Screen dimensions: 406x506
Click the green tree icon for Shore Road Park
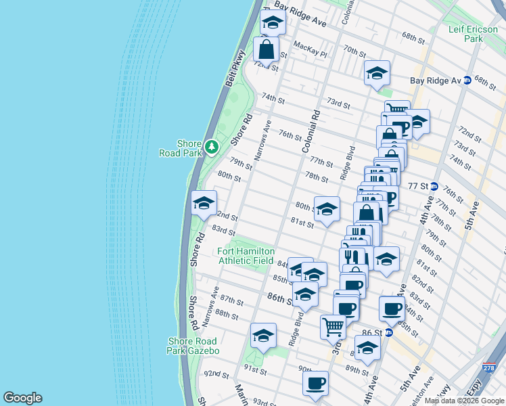tap(212, 147)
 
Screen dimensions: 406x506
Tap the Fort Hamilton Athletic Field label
tap(246, 256)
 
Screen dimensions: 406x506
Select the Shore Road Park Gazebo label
tap(193, 346)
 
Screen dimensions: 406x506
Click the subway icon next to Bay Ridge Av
tap(467, 80)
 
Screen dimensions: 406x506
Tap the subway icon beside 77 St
tap(434, 186)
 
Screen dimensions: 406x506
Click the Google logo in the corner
tap(22, 398)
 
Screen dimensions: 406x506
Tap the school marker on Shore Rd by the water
tap(204, 203)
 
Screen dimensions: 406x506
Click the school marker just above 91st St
tap(264, 335)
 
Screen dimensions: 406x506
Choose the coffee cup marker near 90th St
tap(315, 384)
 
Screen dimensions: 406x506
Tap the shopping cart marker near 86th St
tap(333, 327)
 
